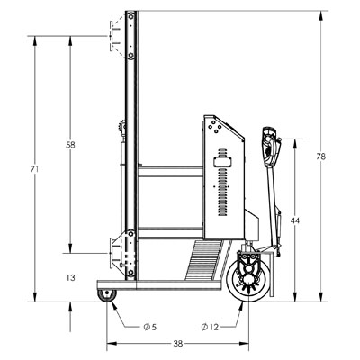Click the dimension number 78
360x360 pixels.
coord(320,157)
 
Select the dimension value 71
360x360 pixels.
coord(34,169)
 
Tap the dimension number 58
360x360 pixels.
coord(70,145)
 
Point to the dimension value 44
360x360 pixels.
coord(295,220)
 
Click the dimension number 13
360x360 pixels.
coord(70,278)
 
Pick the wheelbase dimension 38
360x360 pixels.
coord(178,344)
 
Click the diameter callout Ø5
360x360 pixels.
coord(150,327)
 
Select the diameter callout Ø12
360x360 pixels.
coord(210,327)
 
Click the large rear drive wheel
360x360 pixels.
coord(248,281)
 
